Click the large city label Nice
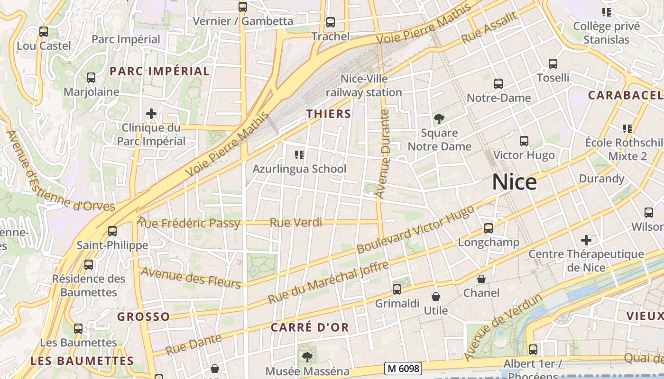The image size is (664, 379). coord(514,182)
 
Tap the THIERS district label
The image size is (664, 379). coord(329,114)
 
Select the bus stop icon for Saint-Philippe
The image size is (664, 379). coord(112,231)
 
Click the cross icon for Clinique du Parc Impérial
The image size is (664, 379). coord(151,114)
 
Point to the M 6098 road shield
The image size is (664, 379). coord(403,368)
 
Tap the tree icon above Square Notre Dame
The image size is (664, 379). coord(439,119)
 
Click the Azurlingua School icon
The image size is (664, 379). coord(299,154)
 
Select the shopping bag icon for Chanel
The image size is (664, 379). coord(481,279)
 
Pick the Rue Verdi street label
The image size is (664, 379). coord(295,222)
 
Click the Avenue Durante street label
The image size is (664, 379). coord(382,153)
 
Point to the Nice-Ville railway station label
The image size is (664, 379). coord(364,86)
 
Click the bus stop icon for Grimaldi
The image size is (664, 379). coord(397,289)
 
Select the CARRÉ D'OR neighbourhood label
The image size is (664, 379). coord(310,327)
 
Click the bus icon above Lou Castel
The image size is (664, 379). coord(44,32)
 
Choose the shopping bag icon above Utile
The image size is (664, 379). coord(435,297)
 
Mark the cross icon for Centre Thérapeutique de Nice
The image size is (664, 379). coord(586,240)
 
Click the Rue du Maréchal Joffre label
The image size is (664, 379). coord(328,283)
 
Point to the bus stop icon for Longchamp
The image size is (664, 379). coord(489,228)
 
